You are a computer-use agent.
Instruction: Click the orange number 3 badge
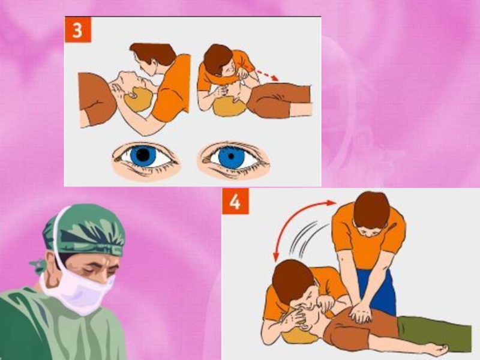pyautogui.click(x=78, y=29)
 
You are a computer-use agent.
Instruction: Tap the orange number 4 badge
pyautogui.click(x=235, y=201)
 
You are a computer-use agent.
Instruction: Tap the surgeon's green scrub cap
pyautogui.click(x=84, y=230)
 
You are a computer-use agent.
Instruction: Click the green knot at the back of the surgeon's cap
pyautogui.click(x=38, y=266)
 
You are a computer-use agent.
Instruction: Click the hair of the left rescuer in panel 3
pyautogui.click(x=153, y=52)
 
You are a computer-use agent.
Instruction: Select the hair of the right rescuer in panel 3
pyautogui.click(x=217, y=59)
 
